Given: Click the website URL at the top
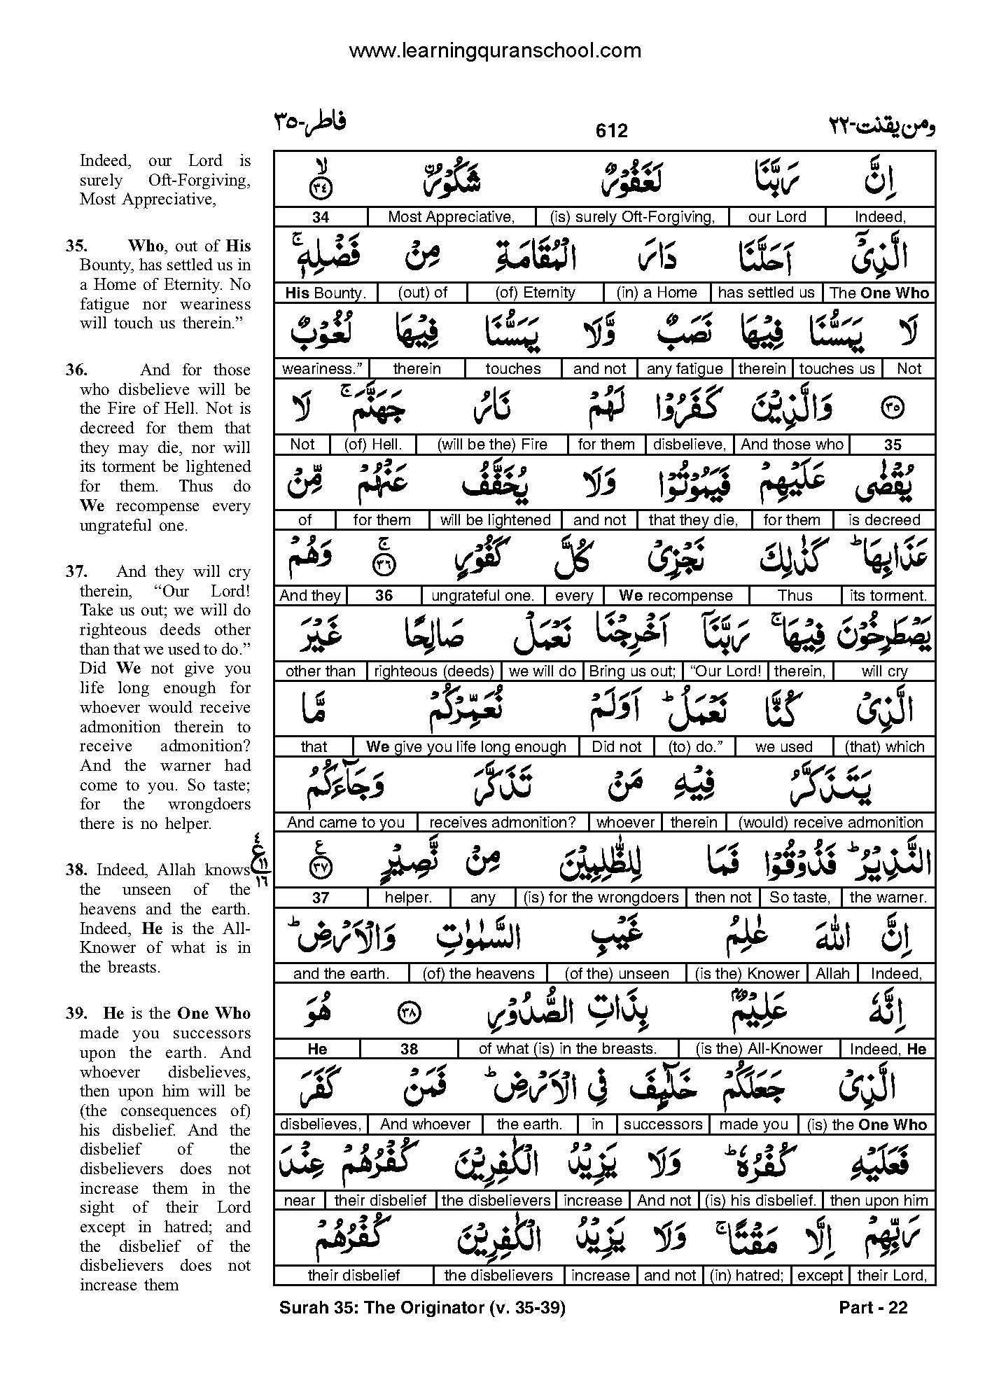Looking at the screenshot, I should tap(494, 50).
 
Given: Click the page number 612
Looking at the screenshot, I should tap(611, 130).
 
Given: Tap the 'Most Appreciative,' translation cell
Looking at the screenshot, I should tap(451, 217).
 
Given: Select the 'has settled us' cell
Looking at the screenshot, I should tap(766, 293).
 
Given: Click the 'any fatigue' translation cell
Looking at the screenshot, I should tap(685, 368).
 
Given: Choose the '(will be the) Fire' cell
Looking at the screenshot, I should tap(492, 444).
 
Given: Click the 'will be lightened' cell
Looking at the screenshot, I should tap(495, 520).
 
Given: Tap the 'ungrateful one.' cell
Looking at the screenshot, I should tap(482, 595).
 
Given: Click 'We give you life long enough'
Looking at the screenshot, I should tap(466, 746).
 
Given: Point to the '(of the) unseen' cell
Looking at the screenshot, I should tap(616, 973).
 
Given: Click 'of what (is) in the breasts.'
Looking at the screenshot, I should tap(567, 1049).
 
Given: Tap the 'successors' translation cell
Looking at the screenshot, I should tap(662, 1124).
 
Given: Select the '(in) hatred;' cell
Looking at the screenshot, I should tap(750, 1276).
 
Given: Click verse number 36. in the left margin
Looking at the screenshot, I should tap(76, 370).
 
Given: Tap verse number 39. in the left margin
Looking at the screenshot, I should tap(76, 1013).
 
